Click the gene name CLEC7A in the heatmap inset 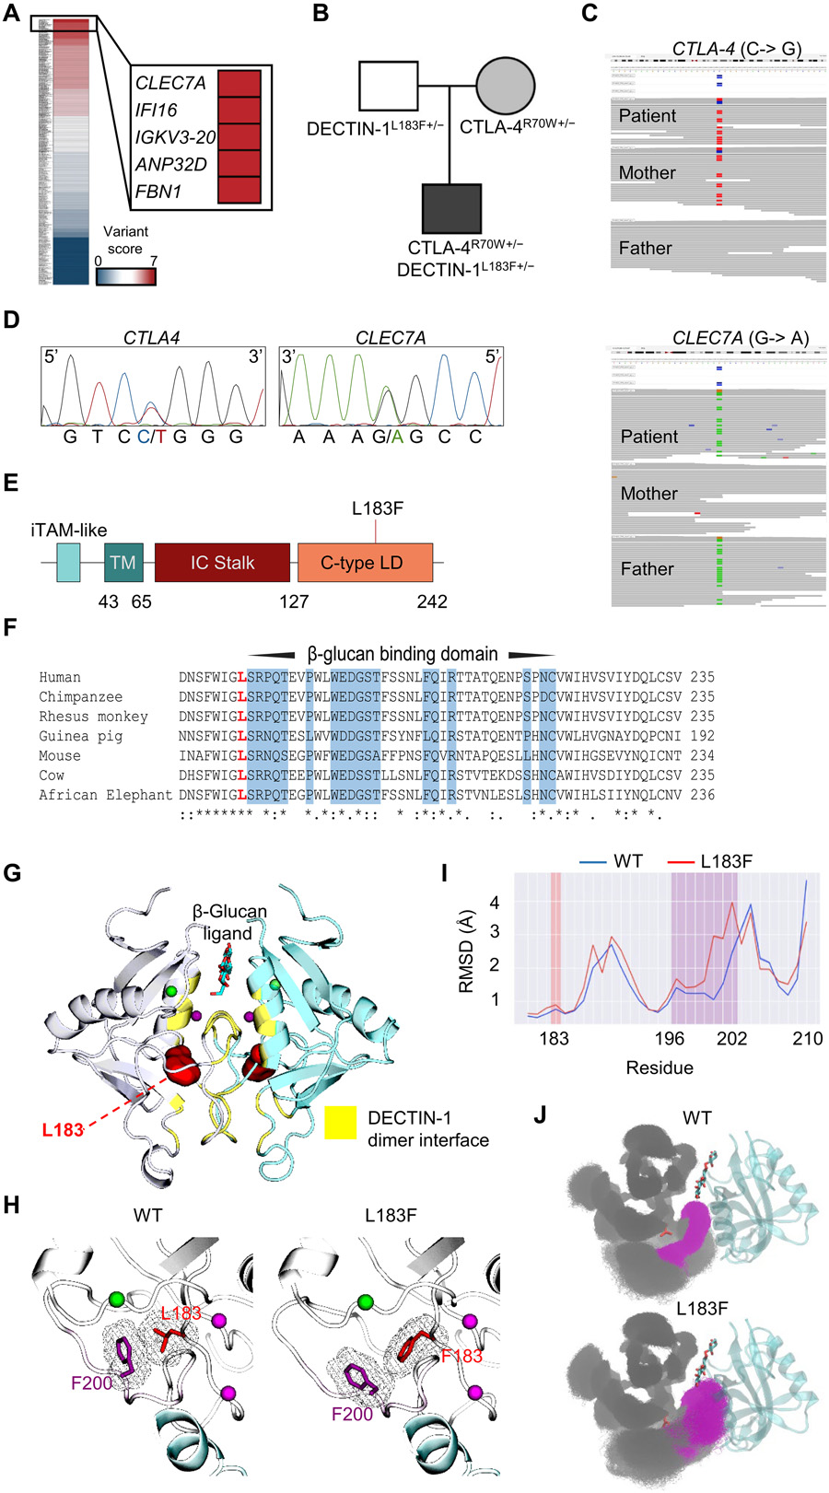[170, 83]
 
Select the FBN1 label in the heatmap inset [158, 192]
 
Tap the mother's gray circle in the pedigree [505, 86]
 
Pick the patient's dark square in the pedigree [451, 208]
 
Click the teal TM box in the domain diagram [123, 563]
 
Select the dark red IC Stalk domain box [222, 563]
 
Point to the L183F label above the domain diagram [378, 508]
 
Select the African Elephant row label [105, 795]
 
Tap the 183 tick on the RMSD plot [554, 1039]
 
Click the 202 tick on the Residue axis [732, 1039]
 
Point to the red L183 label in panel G [63, 1129]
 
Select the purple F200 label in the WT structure [92, 1382]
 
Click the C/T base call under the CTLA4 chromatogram [151, 437]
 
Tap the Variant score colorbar [126, 276]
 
